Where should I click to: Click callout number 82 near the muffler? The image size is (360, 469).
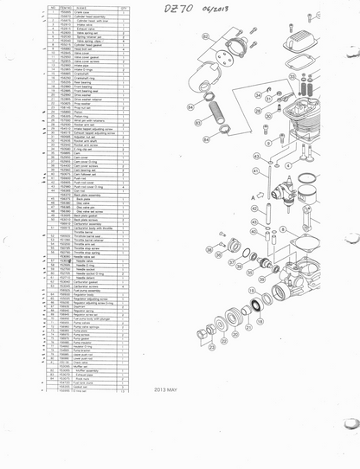(205, 38)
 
